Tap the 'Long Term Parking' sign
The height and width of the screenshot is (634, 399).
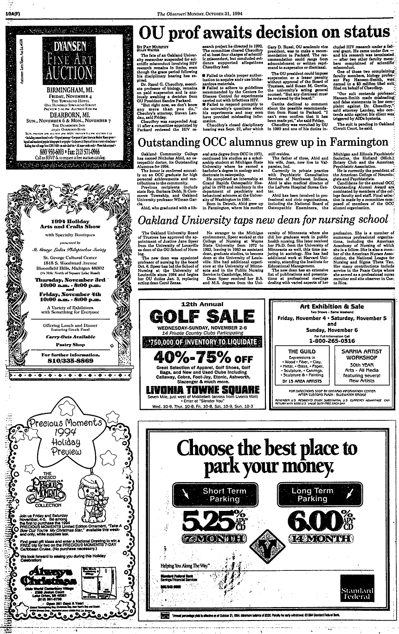[x=312, y=495]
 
